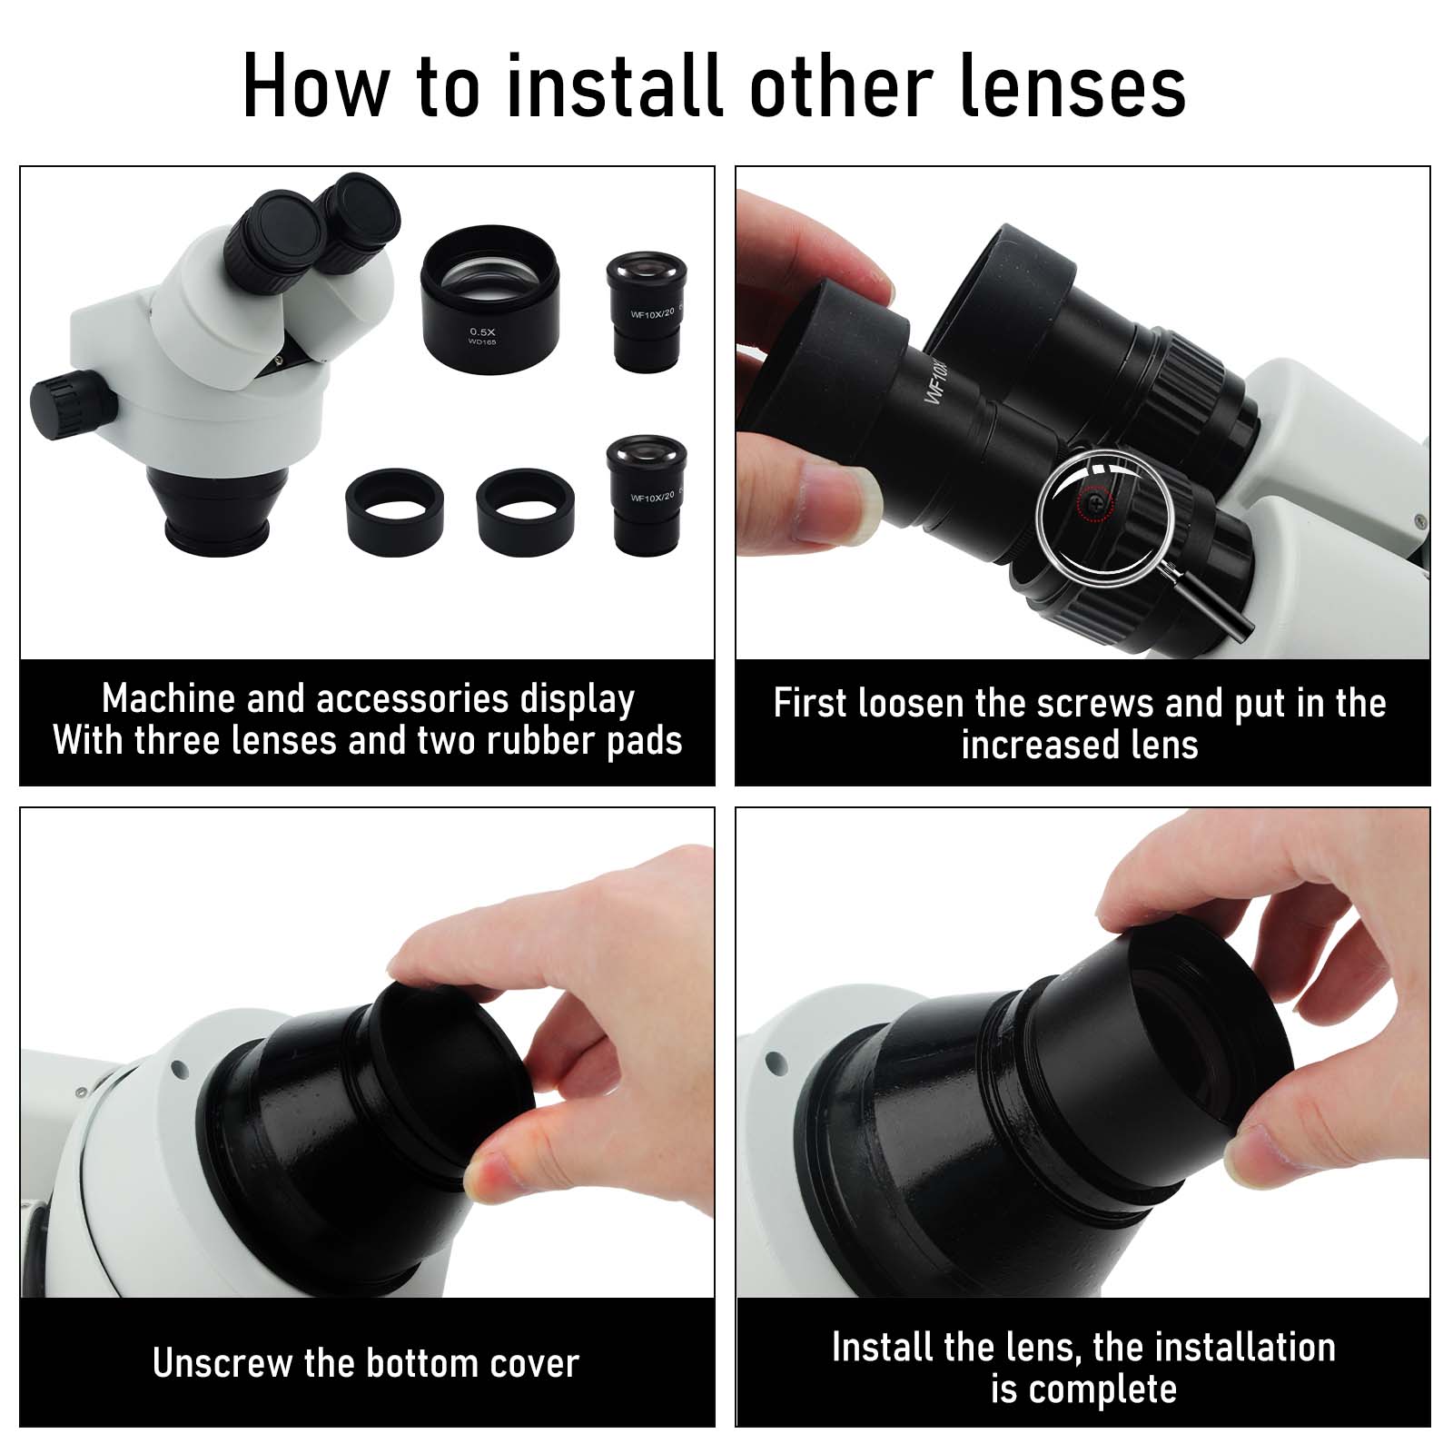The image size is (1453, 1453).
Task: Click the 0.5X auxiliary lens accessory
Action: click(490, 290)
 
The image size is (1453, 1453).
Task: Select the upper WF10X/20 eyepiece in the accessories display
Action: click(647, 311)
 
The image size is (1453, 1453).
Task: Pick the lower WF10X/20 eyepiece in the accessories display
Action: click(647, 494)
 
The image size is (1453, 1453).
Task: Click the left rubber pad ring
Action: click(395, 511)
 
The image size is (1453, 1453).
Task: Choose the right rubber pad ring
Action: click(526, 513)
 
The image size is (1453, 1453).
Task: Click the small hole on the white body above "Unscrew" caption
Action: click(178, 1069)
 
